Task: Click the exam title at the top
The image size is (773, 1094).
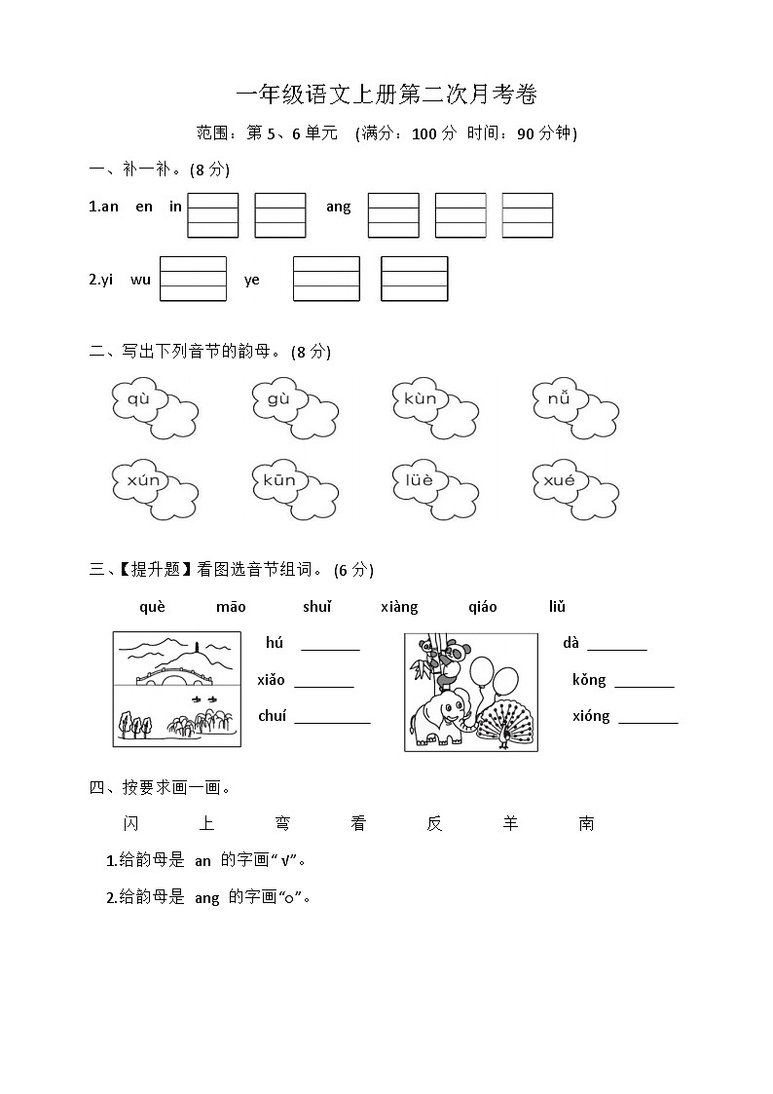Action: click(386, 94)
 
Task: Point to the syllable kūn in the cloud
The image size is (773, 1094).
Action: click(278, 480)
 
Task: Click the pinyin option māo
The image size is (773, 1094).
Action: click(231, 607)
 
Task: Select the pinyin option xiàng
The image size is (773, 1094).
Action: click(399, 607)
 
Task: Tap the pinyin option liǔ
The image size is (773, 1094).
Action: click(557, 607)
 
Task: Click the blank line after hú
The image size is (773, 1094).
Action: click(330, 644)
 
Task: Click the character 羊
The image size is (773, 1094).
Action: click(510, 824)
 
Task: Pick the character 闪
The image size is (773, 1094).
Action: click(131, 824)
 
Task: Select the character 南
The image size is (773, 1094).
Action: click(586, 824)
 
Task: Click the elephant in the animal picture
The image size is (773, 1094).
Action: click(443, 714)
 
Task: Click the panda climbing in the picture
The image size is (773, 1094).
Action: click(449, 660)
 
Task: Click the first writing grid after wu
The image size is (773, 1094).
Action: click(193, 280)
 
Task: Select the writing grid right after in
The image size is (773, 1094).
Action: click(212, 215)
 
